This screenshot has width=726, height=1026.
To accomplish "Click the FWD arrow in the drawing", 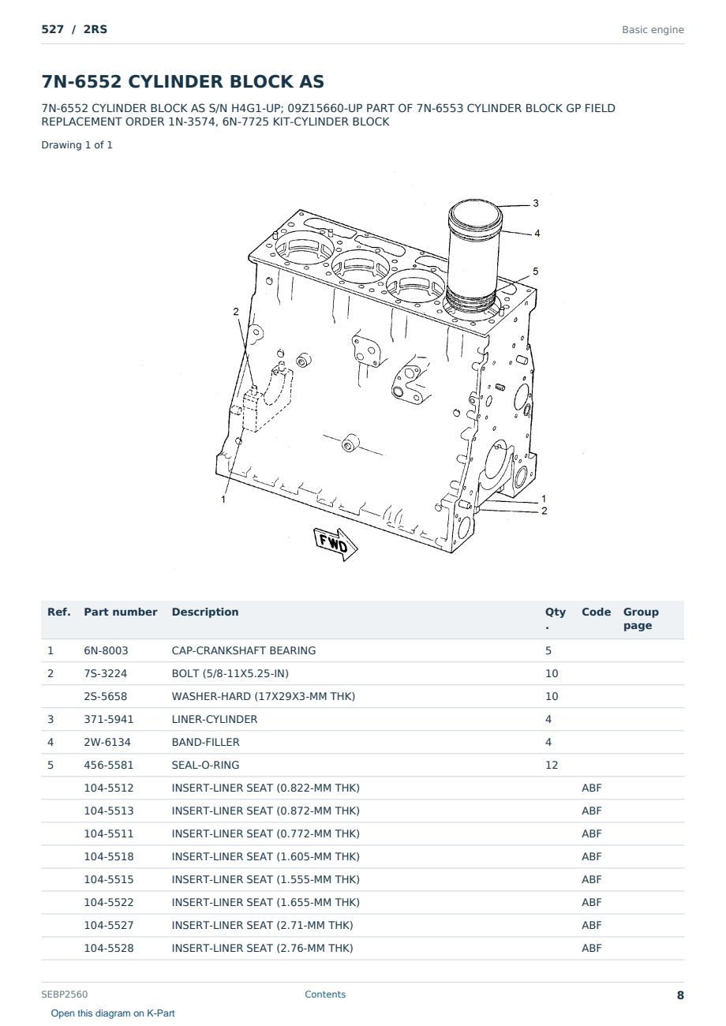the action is coord(335,544).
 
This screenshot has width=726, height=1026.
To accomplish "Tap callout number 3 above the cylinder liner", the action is coord(536,203).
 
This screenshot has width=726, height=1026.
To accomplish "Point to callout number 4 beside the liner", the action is coord(537,233).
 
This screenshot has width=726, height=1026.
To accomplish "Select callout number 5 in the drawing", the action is coord(536,271).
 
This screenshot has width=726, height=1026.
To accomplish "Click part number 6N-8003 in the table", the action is coord(106,650).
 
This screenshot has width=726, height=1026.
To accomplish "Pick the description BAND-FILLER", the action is coord(205,742).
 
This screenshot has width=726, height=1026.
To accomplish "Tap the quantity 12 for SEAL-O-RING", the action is coord(552,765).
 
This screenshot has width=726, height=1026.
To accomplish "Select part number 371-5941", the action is coord(109,719).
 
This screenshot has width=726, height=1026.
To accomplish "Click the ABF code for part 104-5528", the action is coord(591,948).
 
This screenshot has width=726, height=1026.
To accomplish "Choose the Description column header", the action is coord(205,612).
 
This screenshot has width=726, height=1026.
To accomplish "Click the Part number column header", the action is coord(121,612).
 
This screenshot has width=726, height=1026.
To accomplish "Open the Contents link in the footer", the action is coord(325,994).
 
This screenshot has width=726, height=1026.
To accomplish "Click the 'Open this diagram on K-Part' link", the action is coord(113,1013).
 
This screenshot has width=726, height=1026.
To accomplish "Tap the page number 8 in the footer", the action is coord(680,995).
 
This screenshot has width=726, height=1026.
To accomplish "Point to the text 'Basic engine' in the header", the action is coord(653,30).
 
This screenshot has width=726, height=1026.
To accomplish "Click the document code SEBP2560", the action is coord(65,994).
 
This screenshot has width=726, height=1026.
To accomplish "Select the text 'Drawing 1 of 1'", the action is coord(77,145).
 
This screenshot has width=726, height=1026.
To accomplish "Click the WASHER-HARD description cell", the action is coord(264,696).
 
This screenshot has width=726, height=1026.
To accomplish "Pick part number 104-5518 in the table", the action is coord(109,856).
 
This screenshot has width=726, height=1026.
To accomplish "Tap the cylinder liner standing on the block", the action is coord(473,256).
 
